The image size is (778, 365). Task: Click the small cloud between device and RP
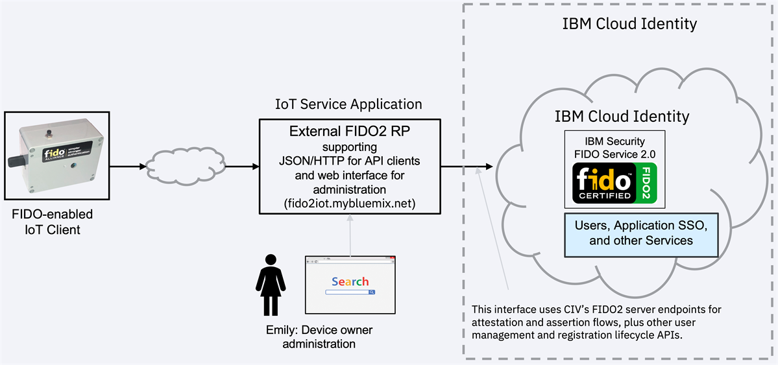click(176, 167)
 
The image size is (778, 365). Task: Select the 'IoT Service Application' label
click(348, 104)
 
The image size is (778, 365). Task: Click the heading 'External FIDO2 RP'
click(349, 132)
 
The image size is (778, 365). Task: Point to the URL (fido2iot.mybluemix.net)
click(349, 203)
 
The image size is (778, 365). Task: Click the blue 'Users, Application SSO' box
click(641, 233)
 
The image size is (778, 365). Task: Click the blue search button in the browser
click(372, 292)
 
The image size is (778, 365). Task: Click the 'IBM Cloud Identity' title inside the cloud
click(622, 117)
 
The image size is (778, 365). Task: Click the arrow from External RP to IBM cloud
click(467, 167)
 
